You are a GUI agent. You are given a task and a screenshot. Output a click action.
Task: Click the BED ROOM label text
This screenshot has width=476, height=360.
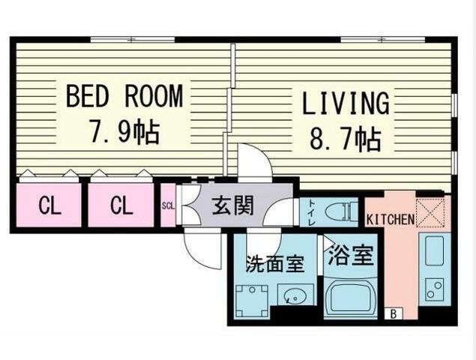(x=124, y=96)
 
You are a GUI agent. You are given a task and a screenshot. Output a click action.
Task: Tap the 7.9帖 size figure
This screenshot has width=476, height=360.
(x=124, y=132)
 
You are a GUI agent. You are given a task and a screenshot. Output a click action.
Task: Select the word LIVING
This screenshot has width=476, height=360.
(x=346, y=103)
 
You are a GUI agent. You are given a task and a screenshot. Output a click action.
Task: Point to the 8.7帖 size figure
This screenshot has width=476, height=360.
(x=346, y=140)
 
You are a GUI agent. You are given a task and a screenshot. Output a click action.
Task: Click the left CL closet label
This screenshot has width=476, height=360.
(x=49, y=205)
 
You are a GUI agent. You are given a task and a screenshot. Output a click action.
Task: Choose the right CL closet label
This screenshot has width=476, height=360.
(x=121, y=205)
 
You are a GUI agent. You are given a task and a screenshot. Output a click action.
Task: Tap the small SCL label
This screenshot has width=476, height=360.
(x=168, y=206)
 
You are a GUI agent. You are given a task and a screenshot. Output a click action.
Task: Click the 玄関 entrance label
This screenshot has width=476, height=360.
(x=232, y=205)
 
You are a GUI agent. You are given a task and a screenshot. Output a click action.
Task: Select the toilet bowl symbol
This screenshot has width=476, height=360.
(x=341, y=210)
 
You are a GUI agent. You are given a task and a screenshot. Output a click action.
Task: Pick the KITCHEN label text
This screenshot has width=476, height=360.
(x=391, y=219)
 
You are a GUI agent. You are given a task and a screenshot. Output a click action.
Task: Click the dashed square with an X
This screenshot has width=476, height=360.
(x=430, y=213)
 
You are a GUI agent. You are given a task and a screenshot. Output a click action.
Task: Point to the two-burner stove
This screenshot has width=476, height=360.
(x=434, y=289)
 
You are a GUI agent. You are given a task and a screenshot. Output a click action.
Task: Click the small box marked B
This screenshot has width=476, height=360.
(x=394, y=313)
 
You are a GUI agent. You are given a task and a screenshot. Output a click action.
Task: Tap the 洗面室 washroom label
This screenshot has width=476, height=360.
(x=275, y=264)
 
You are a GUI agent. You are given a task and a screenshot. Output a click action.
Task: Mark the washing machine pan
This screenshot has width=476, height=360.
(x=252, y=301)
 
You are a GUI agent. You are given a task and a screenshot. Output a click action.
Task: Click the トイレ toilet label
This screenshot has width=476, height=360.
(x=312, y=212)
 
